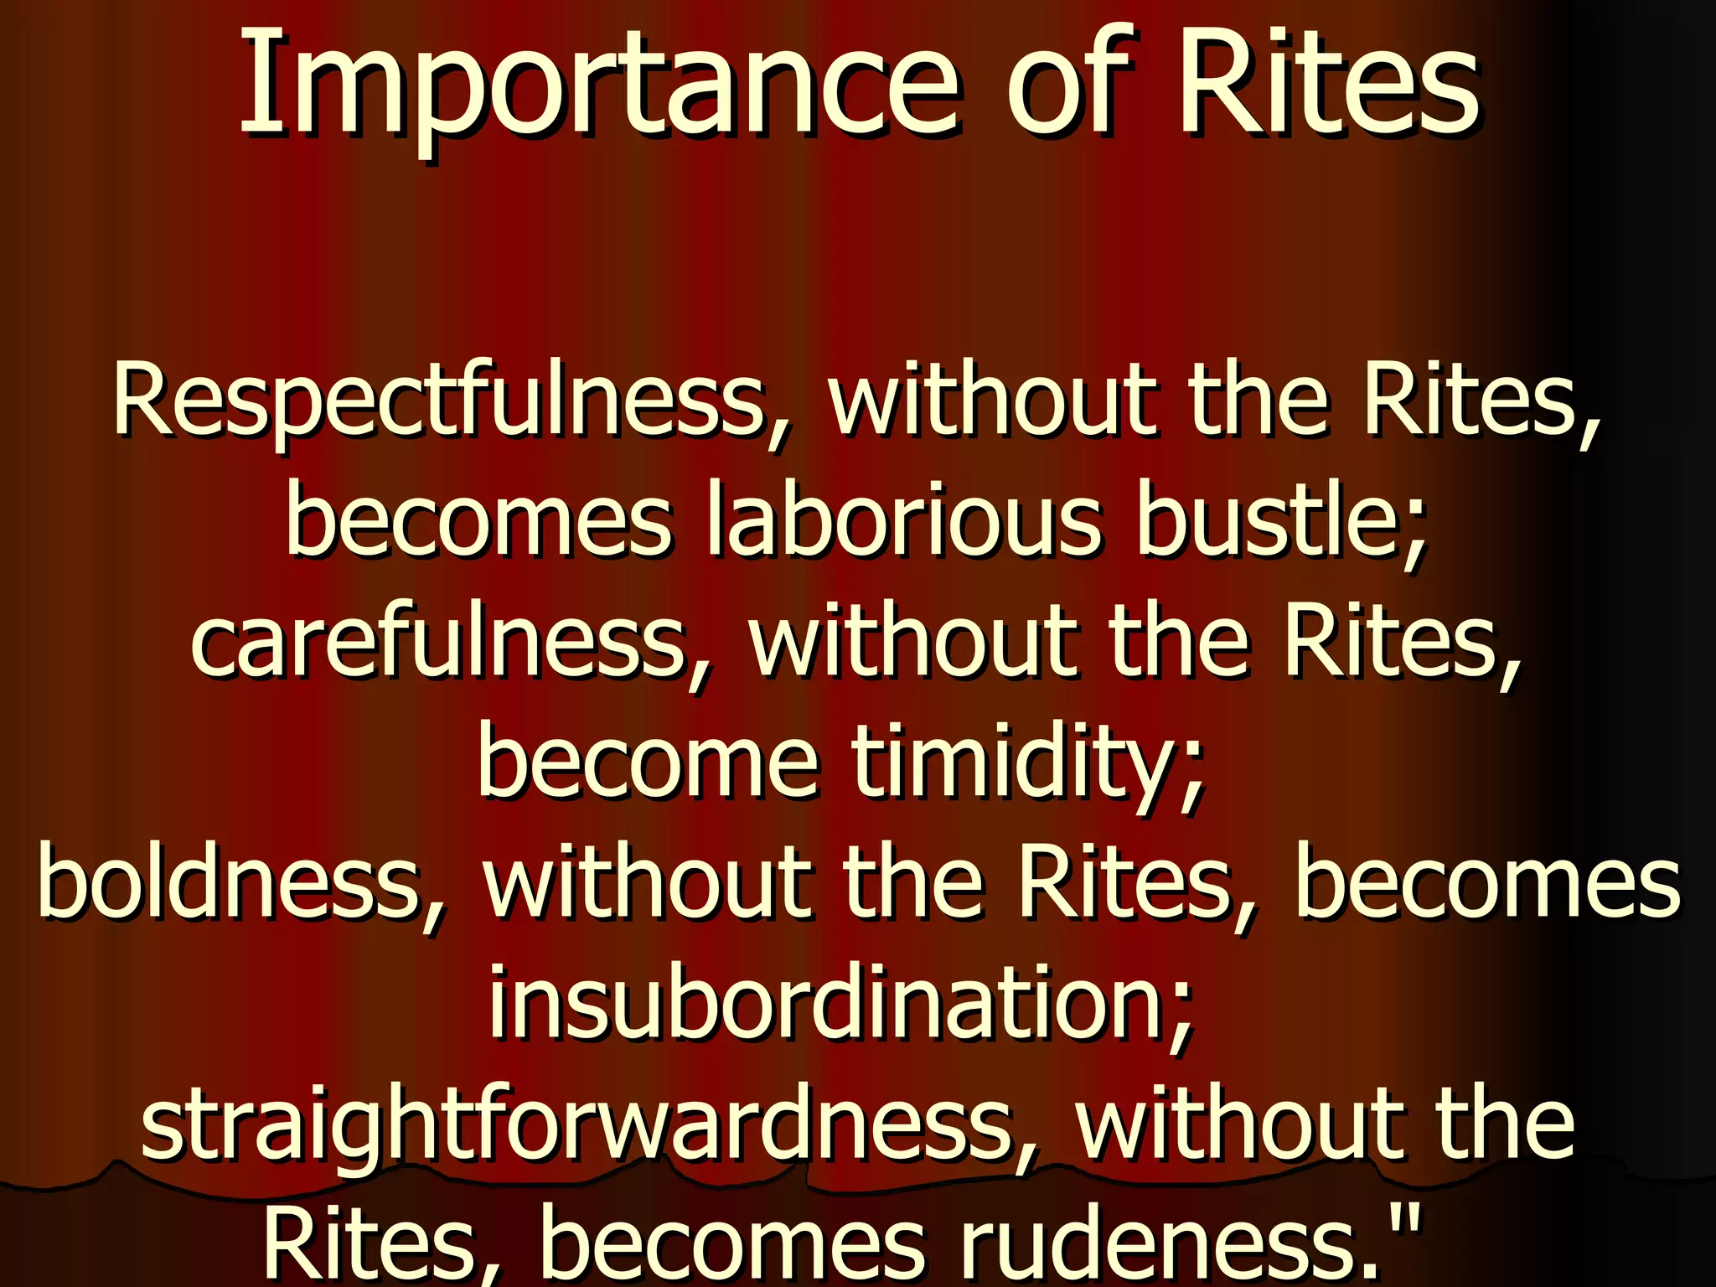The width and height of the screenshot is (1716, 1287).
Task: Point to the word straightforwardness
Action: (x=578, y=1123)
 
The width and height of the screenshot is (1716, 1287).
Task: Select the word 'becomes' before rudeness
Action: (x=733, y=1243)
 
